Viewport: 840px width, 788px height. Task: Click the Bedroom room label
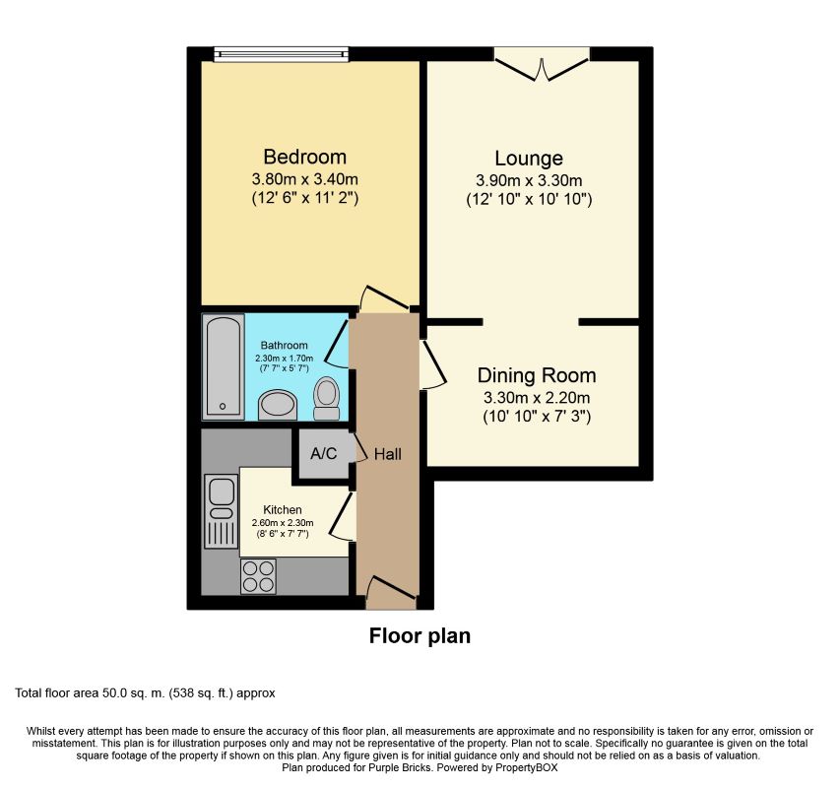304,158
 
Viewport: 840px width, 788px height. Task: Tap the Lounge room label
528,159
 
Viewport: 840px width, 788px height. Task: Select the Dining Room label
536,375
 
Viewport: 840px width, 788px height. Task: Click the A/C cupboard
324,454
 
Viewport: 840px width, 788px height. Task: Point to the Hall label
387,454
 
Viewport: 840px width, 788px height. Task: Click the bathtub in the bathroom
224,366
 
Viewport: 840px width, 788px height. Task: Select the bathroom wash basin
278,405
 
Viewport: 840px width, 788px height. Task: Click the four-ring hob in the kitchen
258,575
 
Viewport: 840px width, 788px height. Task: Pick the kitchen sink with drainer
221,511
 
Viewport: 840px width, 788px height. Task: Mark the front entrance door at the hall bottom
387,592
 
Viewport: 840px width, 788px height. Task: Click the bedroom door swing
382,298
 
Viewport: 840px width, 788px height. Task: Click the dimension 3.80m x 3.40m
304,180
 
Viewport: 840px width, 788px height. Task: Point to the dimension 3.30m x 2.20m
536,398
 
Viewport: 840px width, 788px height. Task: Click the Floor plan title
420,636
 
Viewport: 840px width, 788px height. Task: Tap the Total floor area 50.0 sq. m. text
145,693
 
